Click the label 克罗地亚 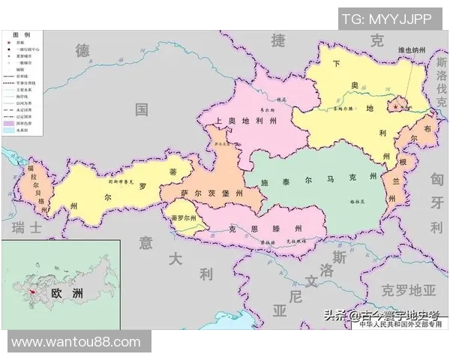[408, 289]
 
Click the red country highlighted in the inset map [31, 291]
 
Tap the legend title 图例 [22, 35]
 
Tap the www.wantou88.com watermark [76, 342]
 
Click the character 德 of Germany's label [82, 50]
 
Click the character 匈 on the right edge [437, 179]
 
